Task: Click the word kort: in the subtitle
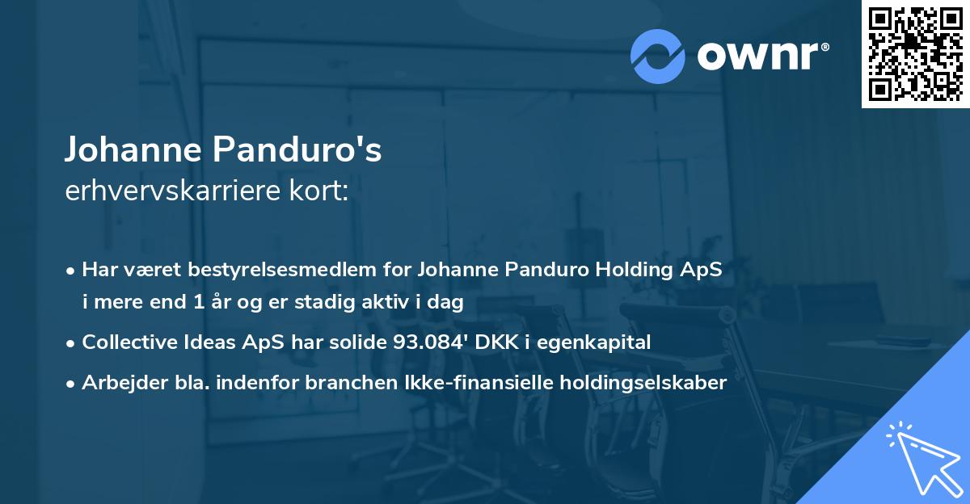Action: pos(321,191)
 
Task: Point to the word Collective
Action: pos(130,342)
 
